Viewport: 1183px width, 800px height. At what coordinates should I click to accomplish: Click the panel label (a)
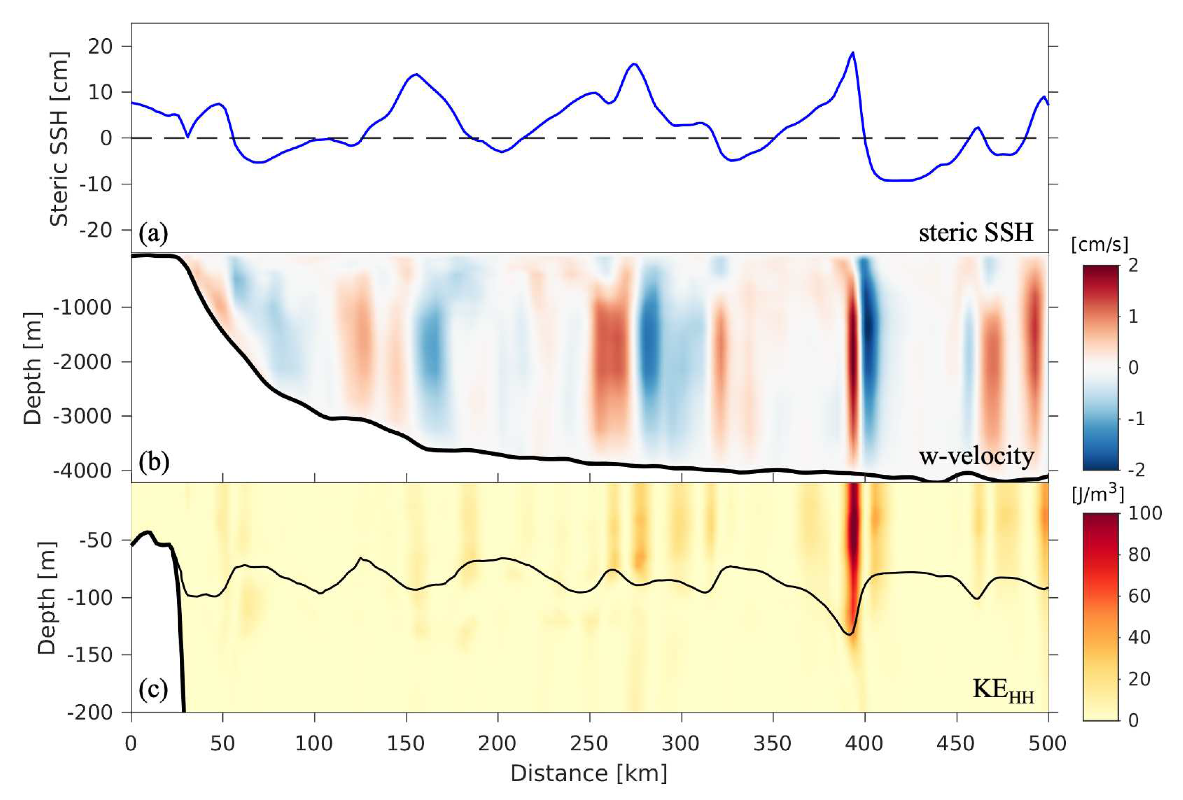tap(153, 234)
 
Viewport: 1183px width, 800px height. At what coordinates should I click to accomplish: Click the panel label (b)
tap(153, 463)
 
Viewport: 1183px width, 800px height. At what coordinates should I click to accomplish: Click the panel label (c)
tap(153, 690)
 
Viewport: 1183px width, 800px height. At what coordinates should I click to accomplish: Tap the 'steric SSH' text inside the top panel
tap(976, 233)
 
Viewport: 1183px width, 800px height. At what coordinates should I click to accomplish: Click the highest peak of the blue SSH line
tap(852, 52)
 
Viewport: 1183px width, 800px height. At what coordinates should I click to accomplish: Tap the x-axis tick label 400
tap(864, 744)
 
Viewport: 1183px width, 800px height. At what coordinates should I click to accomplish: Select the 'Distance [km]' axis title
tap(589, 773)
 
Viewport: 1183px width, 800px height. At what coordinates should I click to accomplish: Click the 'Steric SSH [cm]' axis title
tap(59, 138)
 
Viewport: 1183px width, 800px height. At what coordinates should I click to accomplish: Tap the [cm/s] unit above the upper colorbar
tap(1099, 245)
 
